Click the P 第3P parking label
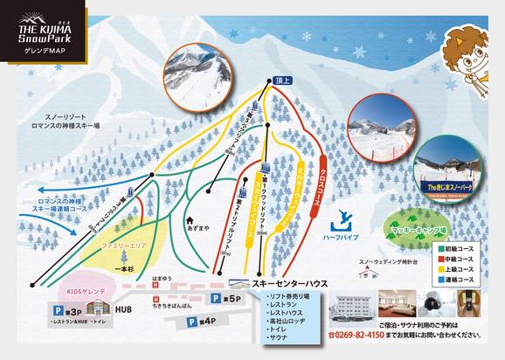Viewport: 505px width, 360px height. point(65,310)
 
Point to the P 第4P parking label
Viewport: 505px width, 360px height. point(201,322)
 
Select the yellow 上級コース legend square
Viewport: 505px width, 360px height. point(440,272)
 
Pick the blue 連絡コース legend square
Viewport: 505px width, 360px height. point(440,283)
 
